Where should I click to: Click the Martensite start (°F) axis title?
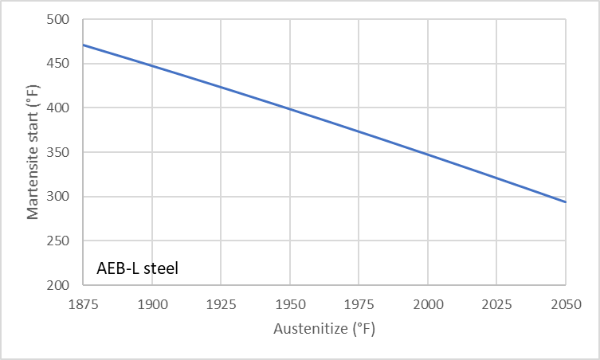pos(33,152)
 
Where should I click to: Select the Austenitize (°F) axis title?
pos(324,328)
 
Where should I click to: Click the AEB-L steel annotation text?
pos(138,268)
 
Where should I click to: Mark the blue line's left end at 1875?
pos(83,45)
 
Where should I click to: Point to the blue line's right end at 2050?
pos(566,202)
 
